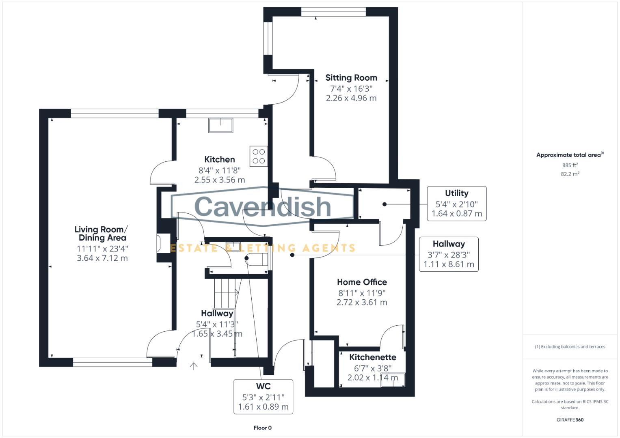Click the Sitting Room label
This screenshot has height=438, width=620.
[351, 77]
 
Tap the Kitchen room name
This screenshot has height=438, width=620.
[219, 159]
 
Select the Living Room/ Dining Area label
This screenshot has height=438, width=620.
[102, 234]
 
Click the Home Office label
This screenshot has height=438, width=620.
[362, 282]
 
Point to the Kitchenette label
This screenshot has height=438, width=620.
[372, 357]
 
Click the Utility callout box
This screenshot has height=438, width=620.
[456, 204]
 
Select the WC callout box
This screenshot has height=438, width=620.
[263, 397]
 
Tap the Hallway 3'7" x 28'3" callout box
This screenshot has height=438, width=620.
[448, 254]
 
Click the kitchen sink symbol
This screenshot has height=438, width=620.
[221, 125]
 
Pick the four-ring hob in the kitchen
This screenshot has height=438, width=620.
[259, 156]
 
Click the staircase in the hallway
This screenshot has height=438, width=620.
[225, 292]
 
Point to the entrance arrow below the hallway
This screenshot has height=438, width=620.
[194, 366]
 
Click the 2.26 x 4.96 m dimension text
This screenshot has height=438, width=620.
[351, 98]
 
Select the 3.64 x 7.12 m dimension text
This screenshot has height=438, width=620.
[102, 258]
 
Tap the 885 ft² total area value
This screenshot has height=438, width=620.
[570, 165]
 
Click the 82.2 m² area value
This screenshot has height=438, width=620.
[570, 174]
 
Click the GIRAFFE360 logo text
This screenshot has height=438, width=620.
[570, 420]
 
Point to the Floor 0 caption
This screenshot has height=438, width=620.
[262, 428]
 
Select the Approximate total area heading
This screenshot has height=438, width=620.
[569, 155]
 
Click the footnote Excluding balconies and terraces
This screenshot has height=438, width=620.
[570, 347]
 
